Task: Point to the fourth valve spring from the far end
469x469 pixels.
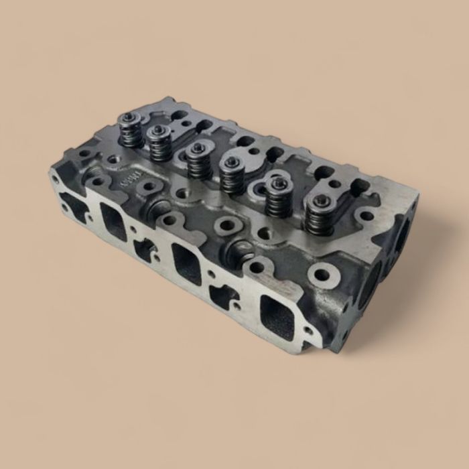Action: [232, 176]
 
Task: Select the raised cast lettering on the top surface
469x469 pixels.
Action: [127, 178]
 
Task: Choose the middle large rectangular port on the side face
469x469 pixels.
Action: [186, 262]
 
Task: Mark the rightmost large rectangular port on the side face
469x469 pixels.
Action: [277, 314]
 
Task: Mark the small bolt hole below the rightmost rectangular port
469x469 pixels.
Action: [308, 330]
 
